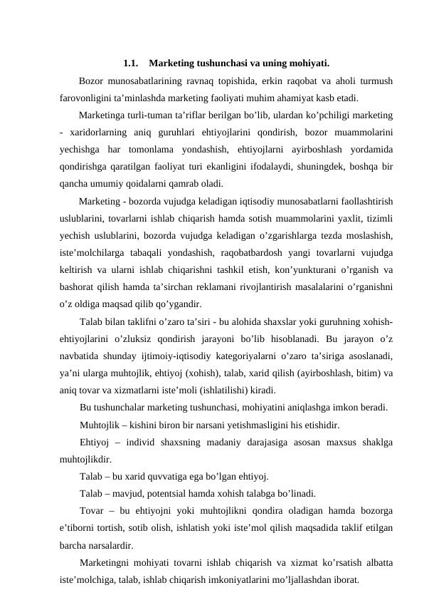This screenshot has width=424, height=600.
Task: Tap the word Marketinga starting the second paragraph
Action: click(104, 115)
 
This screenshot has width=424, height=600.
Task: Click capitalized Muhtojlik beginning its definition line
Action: click(103, 425)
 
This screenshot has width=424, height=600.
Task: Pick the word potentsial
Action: click(178, 494)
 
